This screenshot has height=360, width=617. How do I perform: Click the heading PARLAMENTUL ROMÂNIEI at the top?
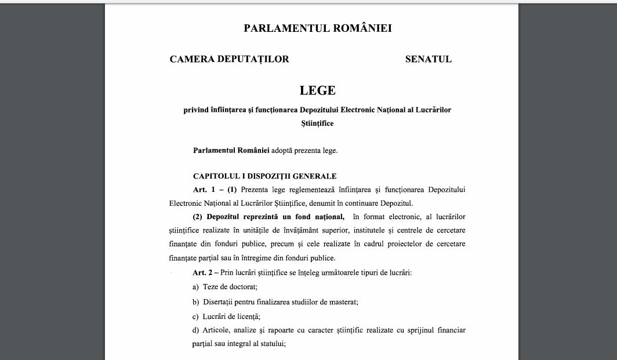[x=317, y=28]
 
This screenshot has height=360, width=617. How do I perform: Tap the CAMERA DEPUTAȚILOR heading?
[x=229, y=59]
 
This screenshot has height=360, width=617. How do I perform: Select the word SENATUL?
[x=428, y=59]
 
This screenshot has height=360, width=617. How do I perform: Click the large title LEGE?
[x=317, y=90]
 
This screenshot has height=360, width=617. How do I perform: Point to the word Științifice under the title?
[x=317, y=123]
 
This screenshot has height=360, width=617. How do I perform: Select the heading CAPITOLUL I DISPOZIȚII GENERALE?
[x=264, y=176]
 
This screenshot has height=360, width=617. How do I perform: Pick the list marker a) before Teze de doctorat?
[x=195, y=287]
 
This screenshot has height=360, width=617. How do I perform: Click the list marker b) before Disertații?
[x=195, y=302]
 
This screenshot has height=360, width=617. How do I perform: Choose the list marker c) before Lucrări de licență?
[x=195, y=317]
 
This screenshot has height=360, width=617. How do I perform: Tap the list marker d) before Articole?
[x=195, y=330]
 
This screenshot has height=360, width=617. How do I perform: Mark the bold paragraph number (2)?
[x=198, y=217]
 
